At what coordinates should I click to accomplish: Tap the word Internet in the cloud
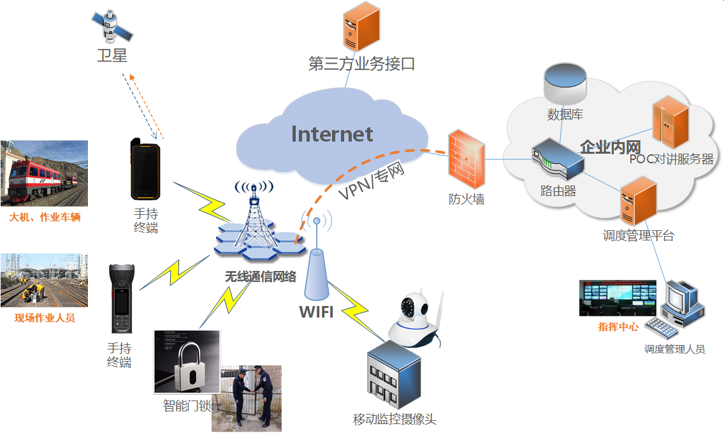pos(331,134)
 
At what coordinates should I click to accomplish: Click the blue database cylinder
pos(564,82)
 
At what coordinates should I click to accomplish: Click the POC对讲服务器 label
pos(671,159)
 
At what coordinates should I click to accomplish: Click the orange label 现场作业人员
pos(45,318)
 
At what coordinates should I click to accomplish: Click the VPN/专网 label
pos(371,182)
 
